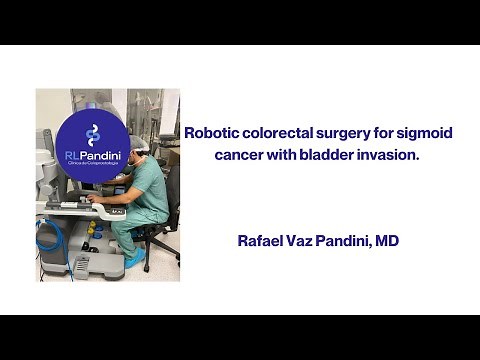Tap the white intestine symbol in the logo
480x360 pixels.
pyautogui.click(x=93, y=133)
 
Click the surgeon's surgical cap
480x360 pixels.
pyautogui.click(x=139, y=143)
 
